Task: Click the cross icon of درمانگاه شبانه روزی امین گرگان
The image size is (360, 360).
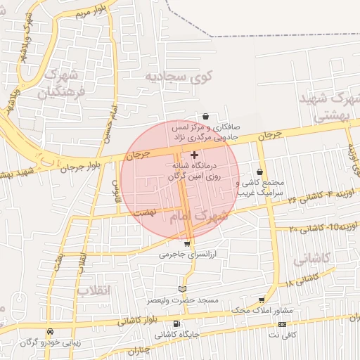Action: [x=195, y=154]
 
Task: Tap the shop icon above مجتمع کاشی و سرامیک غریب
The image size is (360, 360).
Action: [x=260, y=172]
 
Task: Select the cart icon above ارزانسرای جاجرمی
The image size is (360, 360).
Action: [x=186, y=243]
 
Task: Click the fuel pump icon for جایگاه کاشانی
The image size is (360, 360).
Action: [x=176, y=324]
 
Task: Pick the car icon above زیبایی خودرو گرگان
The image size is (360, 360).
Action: [x=50, y=331]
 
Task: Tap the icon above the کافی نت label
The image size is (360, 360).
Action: [x=282, y=324]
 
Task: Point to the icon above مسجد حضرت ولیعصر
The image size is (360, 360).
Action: [x=183, y=289]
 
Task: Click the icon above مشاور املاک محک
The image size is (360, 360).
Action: [x=262, y=300]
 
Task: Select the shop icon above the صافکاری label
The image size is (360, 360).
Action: [x=205, y=117]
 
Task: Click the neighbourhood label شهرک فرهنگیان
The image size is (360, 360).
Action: [x=64, y=82]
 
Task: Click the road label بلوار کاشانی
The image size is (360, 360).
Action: [x=124, y=319]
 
